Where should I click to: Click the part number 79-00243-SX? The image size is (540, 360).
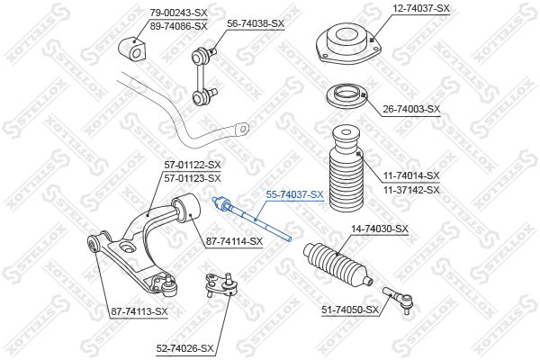178,13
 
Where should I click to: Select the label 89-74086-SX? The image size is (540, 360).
178,26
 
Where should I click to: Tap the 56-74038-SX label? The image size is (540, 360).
256,23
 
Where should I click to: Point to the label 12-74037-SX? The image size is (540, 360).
421,8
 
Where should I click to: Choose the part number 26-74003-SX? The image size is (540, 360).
411,109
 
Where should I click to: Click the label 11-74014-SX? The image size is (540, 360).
411,175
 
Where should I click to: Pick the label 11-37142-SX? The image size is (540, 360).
411,190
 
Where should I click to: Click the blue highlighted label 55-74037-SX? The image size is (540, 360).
295,194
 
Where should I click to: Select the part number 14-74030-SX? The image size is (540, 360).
380,229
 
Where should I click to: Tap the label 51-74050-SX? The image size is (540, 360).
350,310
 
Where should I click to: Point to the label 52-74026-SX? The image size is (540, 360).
184,348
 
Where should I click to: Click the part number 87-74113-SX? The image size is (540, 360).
139,311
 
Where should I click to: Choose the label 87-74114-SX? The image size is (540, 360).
234,241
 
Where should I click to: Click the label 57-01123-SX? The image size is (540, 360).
193,178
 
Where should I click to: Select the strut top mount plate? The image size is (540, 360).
348,43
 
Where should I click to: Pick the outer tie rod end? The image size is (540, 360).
399,298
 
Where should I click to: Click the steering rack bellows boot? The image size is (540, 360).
337,264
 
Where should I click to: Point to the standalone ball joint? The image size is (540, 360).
220,283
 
